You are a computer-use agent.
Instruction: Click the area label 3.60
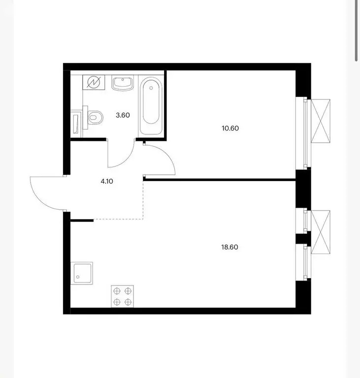pos(122,115)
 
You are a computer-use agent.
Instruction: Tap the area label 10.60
pos(230,128)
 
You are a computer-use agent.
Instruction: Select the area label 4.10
pos(107,181)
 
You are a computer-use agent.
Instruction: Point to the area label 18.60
pos(230,247)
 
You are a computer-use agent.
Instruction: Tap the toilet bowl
pos(96,117)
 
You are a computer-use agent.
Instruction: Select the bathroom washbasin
pos(122,83)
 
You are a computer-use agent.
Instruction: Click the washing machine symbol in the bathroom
pos(94,83)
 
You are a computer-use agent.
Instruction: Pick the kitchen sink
pos(80,273)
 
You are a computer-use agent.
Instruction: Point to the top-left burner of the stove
pos(117,290)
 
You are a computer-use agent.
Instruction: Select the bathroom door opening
pos(121,141)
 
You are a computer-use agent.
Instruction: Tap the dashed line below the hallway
pos(118,219)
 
